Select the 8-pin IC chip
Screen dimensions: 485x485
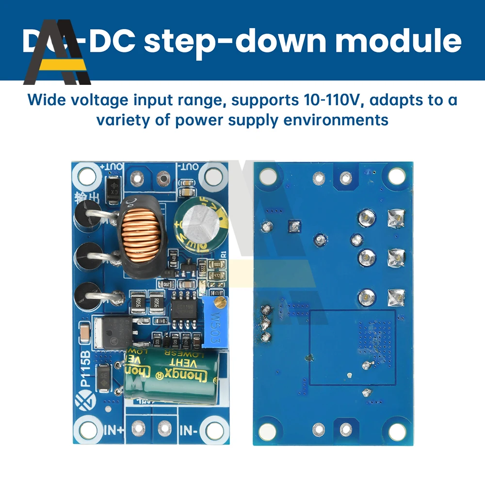click(184, 309)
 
